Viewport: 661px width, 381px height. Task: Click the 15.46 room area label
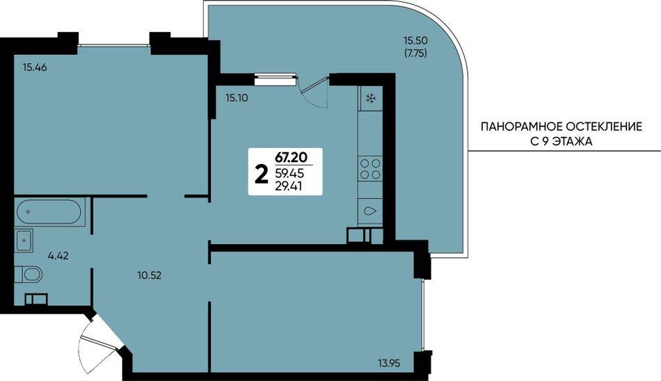35,67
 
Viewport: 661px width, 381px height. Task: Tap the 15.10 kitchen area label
237,98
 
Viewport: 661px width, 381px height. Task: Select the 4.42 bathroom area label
58,255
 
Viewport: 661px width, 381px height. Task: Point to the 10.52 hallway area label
149,275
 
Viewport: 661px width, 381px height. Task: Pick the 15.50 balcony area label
415,41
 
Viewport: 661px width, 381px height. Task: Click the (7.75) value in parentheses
415,54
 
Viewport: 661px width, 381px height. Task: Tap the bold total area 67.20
291,158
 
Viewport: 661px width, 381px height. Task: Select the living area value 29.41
288,186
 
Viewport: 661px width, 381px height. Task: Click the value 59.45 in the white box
289,173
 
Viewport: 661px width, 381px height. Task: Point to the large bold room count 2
262,175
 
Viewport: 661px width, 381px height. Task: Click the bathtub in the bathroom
49,212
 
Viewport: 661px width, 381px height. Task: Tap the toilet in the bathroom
29,275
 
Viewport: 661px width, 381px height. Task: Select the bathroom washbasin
24,241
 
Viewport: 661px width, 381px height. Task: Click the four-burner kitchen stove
370,168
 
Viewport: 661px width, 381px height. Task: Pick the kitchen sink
370,211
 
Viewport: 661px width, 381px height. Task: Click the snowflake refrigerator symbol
371,99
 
